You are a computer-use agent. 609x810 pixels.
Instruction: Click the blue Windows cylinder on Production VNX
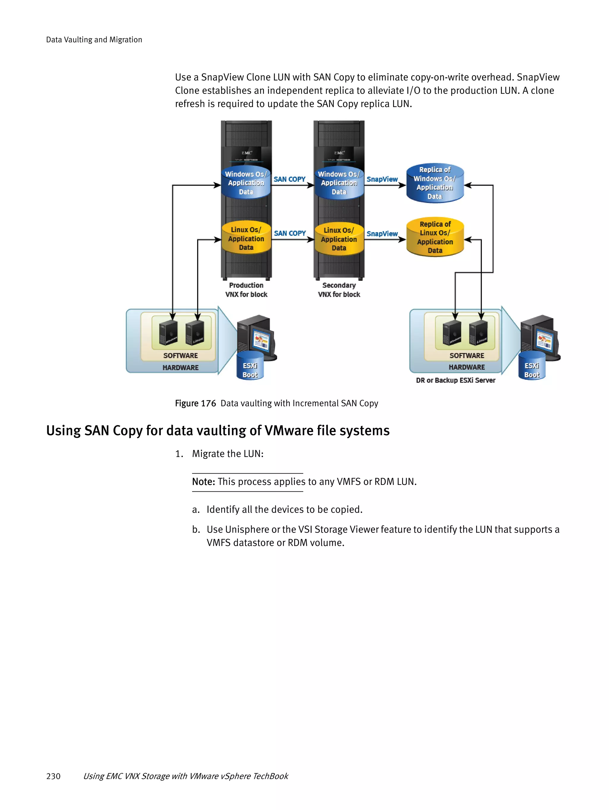point(246,183)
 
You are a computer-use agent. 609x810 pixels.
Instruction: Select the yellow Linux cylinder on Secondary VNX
point(339,239)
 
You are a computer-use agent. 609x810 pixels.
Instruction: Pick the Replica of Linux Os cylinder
point(435,237)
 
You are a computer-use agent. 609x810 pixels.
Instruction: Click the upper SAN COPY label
point(289,179)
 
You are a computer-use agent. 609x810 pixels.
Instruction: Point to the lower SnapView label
point(382,234)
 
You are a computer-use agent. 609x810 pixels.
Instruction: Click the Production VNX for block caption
point(246,290)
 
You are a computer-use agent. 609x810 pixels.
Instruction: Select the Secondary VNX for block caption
point(339,290)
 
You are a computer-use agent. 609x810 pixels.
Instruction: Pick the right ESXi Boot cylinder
point(531,367)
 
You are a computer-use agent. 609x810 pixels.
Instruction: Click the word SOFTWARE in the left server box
point(180,356)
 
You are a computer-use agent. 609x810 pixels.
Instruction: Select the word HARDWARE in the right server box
point(467,367)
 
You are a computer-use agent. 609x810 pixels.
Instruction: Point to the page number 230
point(53,776)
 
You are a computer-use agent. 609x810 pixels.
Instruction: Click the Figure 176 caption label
point(195,403)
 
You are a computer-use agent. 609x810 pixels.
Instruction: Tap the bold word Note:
point(203,482)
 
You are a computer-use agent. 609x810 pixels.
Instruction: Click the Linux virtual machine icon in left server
point(195,332)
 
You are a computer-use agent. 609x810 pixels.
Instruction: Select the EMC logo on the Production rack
point(247,153)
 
